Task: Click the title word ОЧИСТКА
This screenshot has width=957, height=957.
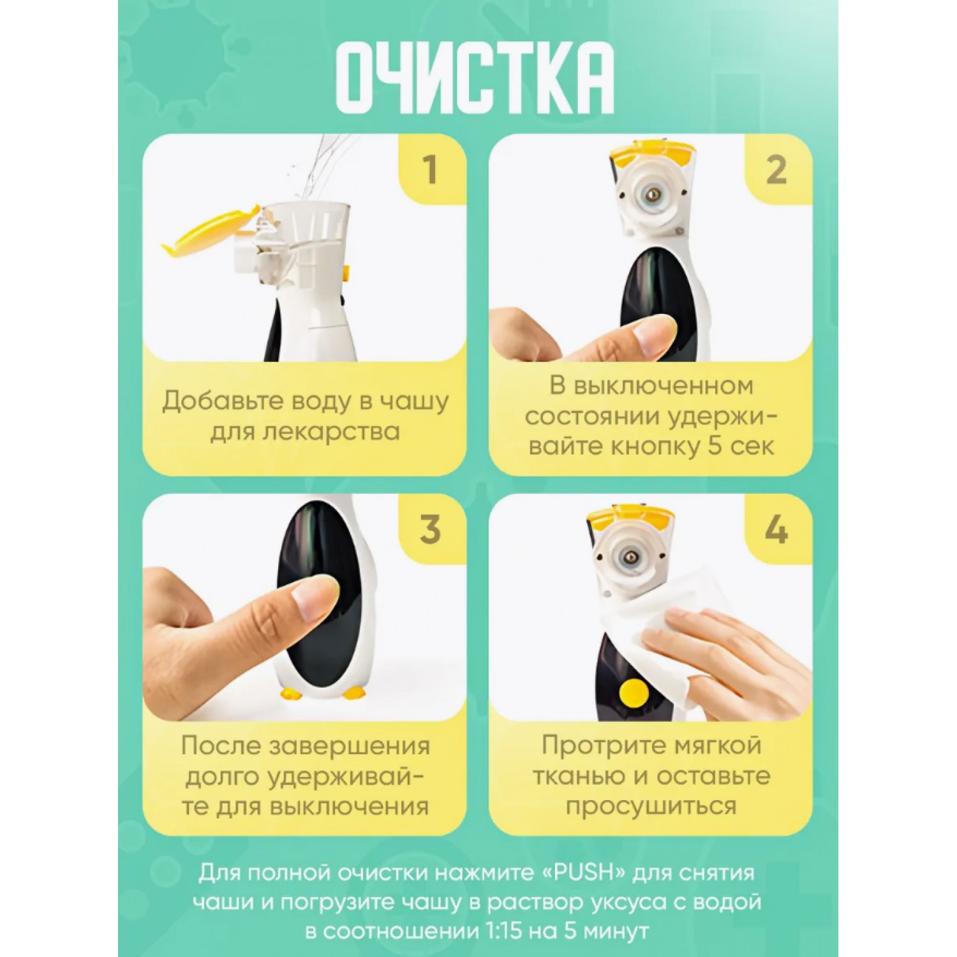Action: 476,78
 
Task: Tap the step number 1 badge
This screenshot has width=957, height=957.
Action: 431,170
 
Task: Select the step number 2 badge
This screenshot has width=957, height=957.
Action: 776,170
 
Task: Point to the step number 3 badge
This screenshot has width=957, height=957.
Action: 431,530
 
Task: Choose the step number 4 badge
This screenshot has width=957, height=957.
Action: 776,530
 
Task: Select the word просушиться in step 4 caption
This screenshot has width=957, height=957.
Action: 651,806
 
